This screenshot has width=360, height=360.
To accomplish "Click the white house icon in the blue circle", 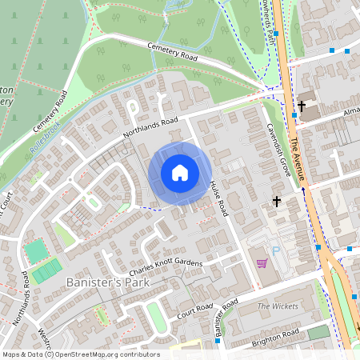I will [180, 172].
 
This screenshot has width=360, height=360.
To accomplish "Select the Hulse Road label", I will [219, 200].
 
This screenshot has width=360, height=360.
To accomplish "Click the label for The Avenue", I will [298, 152].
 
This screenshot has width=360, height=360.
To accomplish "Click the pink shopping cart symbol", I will [261, 262].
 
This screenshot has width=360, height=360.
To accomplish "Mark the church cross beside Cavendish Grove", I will [277, 201].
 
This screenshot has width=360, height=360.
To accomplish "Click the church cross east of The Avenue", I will [302, 106].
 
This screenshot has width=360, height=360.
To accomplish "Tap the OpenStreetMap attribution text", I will [80, 354].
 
